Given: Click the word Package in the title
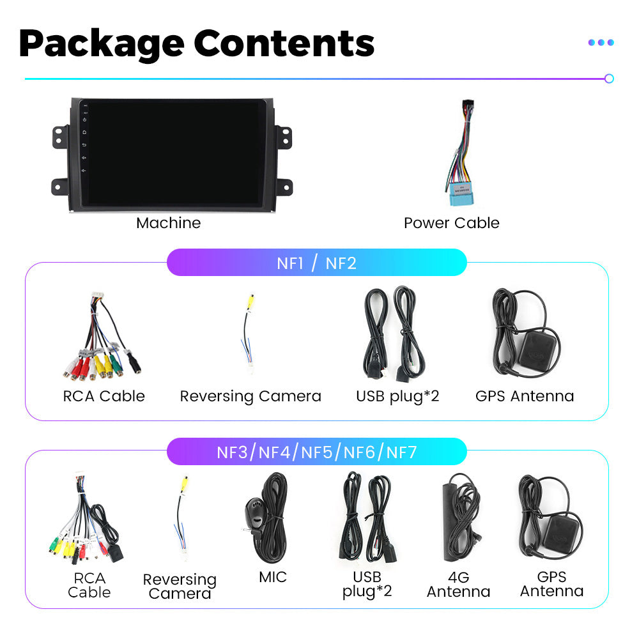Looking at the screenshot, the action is pyautogui.click(x=102, y=45).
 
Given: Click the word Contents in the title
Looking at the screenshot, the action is pyautogui.click(x=284, y=43).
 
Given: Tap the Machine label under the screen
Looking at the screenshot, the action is pyautogui.click(x=168, y=223).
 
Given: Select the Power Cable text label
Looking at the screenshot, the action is pyautogui.click(x=452, y=223).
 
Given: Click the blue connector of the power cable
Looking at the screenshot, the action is pyautogui.click(x=461, y=194).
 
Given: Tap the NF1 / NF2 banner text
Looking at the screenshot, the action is pyautogui.click(x=317, y=263).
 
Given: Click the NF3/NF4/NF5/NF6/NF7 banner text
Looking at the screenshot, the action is pyautogui.click(x=317, y=452).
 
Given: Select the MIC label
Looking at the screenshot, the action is pyautogui.click(x=273, y=577).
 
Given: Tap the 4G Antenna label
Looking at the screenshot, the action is pyautogui.click(x=458, y=585).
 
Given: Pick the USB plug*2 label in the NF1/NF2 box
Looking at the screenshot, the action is pyautogui.click(x=397, y=397).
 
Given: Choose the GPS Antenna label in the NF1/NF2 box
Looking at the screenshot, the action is pyautogui.click(x=525, y=396).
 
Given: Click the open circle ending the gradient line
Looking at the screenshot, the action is pyautogui.click(x=609, y=79).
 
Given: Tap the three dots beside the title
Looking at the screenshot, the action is pyautogui.click(x=601, y=42).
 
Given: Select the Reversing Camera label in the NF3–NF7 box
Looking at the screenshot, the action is pyautogui.click(x=180, y=586).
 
